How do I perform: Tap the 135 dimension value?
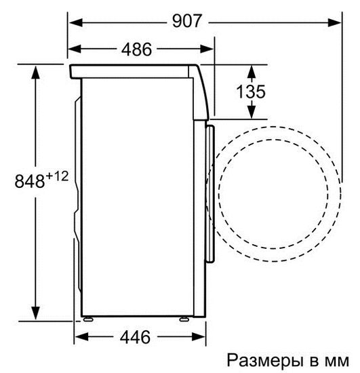(251, 91)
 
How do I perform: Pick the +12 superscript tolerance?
(58, 176)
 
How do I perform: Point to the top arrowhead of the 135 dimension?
(251, 69)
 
